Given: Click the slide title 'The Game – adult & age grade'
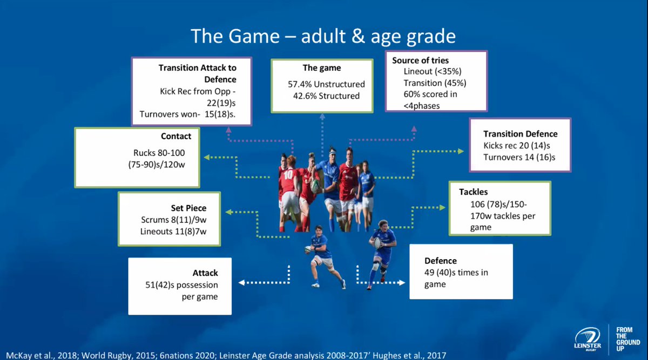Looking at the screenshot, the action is click(x=323, y=37).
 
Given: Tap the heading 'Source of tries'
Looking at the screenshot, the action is click(x=420, y=60).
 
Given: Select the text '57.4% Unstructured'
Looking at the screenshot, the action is click(x=326, y=84).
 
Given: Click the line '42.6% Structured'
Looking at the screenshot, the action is click(x=326, y=96).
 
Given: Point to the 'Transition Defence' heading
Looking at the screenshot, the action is click(x=520, y=134).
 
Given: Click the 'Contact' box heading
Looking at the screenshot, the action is click(x=176, y=136).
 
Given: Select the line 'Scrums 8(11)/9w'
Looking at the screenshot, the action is click(x=173, y=220).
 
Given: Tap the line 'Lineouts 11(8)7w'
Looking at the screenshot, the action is click(x=173, y=232).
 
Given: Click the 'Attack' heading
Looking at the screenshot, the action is click(x=205, y=273).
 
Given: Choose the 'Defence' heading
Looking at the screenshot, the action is click(x=441, y=261).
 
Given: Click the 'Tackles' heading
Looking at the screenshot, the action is click(x=473, y=192).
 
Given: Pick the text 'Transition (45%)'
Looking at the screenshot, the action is click(x=435, y=83).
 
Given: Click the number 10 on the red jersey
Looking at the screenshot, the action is click(x=288, y=175).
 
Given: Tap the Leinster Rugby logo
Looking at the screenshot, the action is click(x=588, y=339).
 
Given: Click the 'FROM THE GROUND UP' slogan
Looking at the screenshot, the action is click(x=627, y=339).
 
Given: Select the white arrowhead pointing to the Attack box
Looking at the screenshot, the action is click(x=241, y=282).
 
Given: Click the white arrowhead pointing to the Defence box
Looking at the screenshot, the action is click(x=402, y=282).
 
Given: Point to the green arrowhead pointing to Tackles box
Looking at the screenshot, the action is click(x=442, y=207).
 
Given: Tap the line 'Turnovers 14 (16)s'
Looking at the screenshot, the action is click(x=519, y=157).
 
